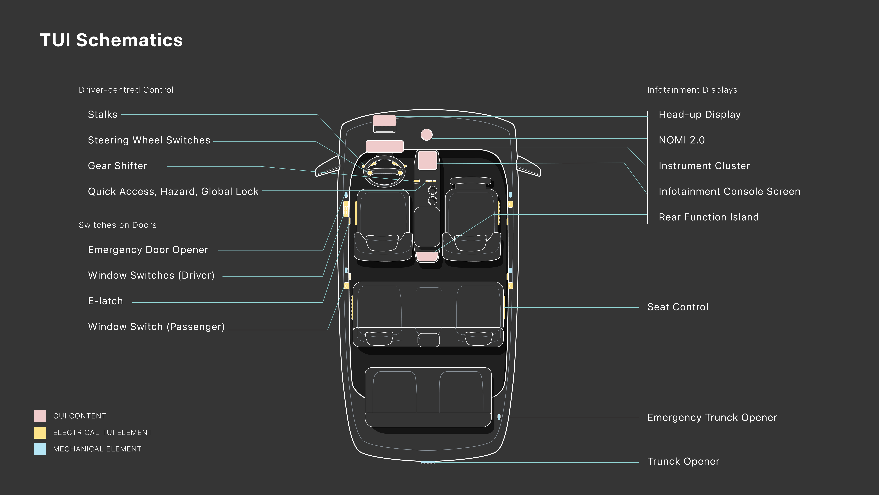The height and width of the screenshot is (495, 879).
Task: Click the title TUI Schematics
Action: (111, 40)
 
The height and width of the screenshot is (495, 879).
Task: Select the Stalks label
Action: (102, 114)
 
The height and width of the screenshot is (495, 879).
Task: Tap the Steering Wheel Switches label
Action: (149, 140)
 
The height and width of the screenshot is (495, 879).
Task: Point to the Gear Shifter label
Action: (117, 166)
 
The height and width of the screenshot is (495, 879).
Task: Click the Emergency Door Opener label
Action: (148, 250)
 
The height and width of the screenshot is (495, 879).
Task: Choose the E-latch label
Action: (105, 301)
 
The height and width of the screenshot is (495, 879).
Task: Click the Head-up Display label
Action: (700, 114)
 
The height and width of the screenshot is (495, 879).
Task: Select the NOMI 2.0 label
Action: (681, 140)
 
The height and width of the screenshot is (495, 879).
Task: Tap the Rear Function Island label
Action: (708, 217)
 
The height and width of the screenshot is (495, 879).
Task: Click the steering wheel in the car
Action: (385, 171)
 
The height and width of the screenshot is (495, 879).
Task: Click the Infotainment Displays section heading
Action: (692, 90)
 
